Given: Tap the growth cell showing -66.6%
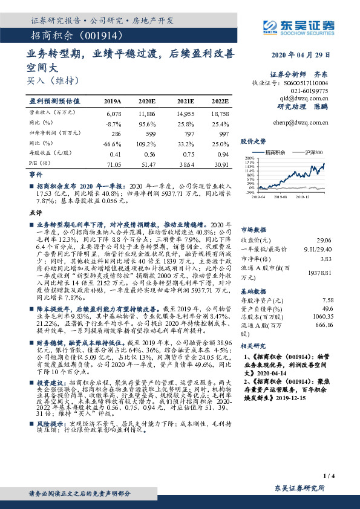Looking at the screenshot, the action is pyautogui.click(x=113, y=143).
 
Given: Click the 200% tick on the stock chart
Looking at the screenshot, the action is pyautogui.click(x=248, y=158).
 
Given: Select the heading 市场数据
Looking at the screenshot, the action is pyautogui.click(x=254, y=230).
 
